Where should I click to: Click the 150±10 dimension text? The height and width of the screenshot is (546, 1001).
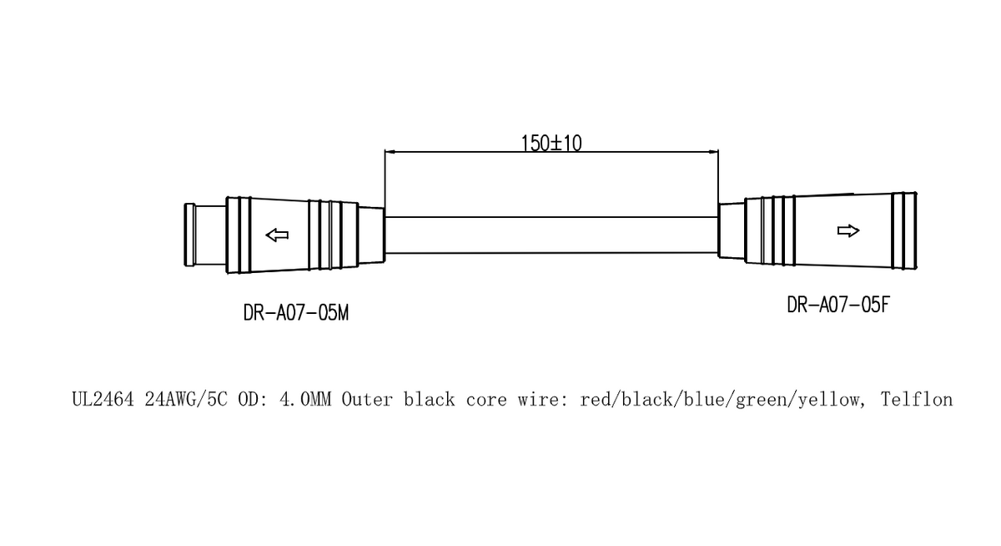pos(551,143)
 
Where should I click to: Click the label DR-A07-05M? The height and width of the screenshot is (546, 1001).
pos(295,314)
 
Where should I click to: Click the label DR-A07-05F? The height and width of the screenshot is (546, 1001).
pos(838,305)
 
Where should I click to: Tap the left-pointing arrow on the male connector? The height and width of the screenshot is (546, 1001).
pos(276,235)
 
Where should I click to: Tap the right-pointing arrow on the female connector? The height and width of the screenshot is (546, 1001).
pos(848,230)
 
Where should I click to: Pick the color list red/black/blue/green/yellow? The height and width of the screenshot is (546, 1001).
pos(721,400)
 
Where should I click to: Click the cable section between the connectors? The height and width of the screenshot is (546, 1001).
pos(551,235)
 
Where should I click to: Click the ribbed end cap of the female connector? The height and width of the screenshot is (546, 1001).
pos(904,230)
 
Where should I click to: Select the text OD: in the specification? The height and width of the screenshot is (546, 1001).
pos(254,400)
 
